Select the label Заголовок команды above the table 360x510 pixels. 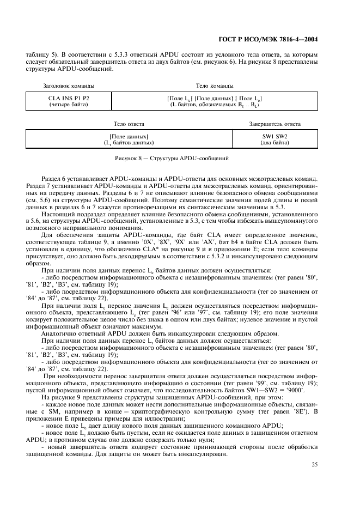tap(69, 86)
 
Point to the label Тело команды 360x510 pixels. tap(215, 86)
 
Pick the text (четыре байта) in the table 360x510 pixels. tap(69, 104)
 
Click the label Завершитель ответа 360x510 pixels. tap(274, 124)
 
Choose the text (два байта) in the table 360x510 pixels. tap(274, 142)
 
